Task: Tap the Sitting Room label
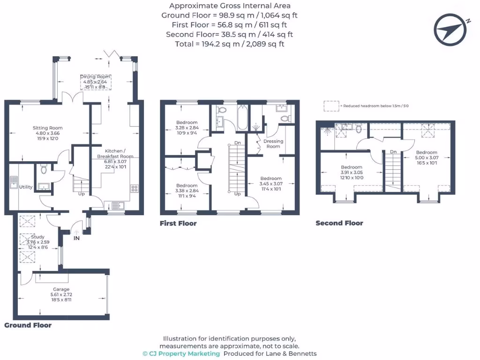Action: pos(47,128)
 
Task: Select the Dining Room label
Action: pos(95,76)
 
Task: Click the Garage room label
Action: pos(61,290)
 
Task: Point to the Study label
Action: pos(37,237)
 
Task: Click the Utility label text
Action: pos(26,187)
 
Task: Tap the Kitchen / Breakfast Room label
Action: pos(115,153)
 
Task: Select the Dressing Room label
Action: pos(273,143)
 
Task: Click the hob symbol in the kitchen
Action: pos(134,189)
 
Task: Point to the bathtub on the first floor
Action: pos(242,118)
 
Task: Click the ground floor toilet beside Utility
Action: pos(44,168)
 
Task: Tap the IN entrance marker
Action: pos(76,238)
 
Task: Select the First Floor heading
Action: pos(178,224)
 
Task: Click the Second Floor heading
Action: pos(339,223)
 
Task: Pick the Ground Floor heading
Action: pos(28,325)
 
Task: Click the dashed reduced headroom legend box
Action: pos(331,106)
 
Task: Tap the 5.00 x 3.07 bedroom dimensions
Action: pos(427,158)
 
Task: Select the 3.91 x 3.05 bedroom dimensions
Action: pos(352,172)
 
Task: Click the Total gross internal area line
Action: pos(230,44)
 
